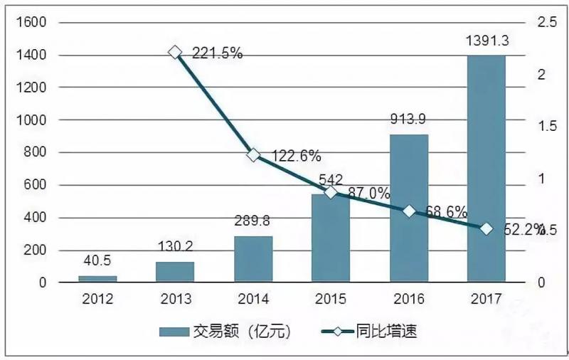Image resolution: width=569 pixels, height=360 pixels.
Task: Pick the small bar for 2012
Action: [x=97, y=279]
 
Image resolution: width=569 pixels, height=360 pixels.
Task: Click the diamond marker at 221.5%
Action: [x=175, y=52]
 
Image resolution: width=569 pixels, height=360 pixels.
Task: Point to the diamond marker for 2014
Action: [x=253, y=155]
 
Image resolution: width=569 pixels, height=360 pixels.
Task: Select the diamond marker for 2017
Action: [x=486, y=228]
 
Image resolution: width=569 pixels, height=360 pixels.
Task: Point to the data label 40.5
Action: [x=97, y=261]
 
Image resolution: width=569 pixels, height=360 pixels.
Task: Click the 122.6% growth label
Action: [x=294, y=155]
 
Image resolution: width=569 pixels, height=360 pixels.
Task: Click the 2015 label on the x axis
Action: [x=331, y=300]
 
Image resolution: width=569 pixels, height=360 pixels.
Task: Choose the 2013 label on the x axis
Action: [x=175, y=300]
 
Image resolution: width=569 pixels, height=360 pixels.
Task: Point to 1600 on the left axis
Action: [x=31, y=23]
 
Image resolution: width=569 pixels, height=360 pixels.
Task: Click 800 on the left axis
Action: [x=35, y=152]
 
